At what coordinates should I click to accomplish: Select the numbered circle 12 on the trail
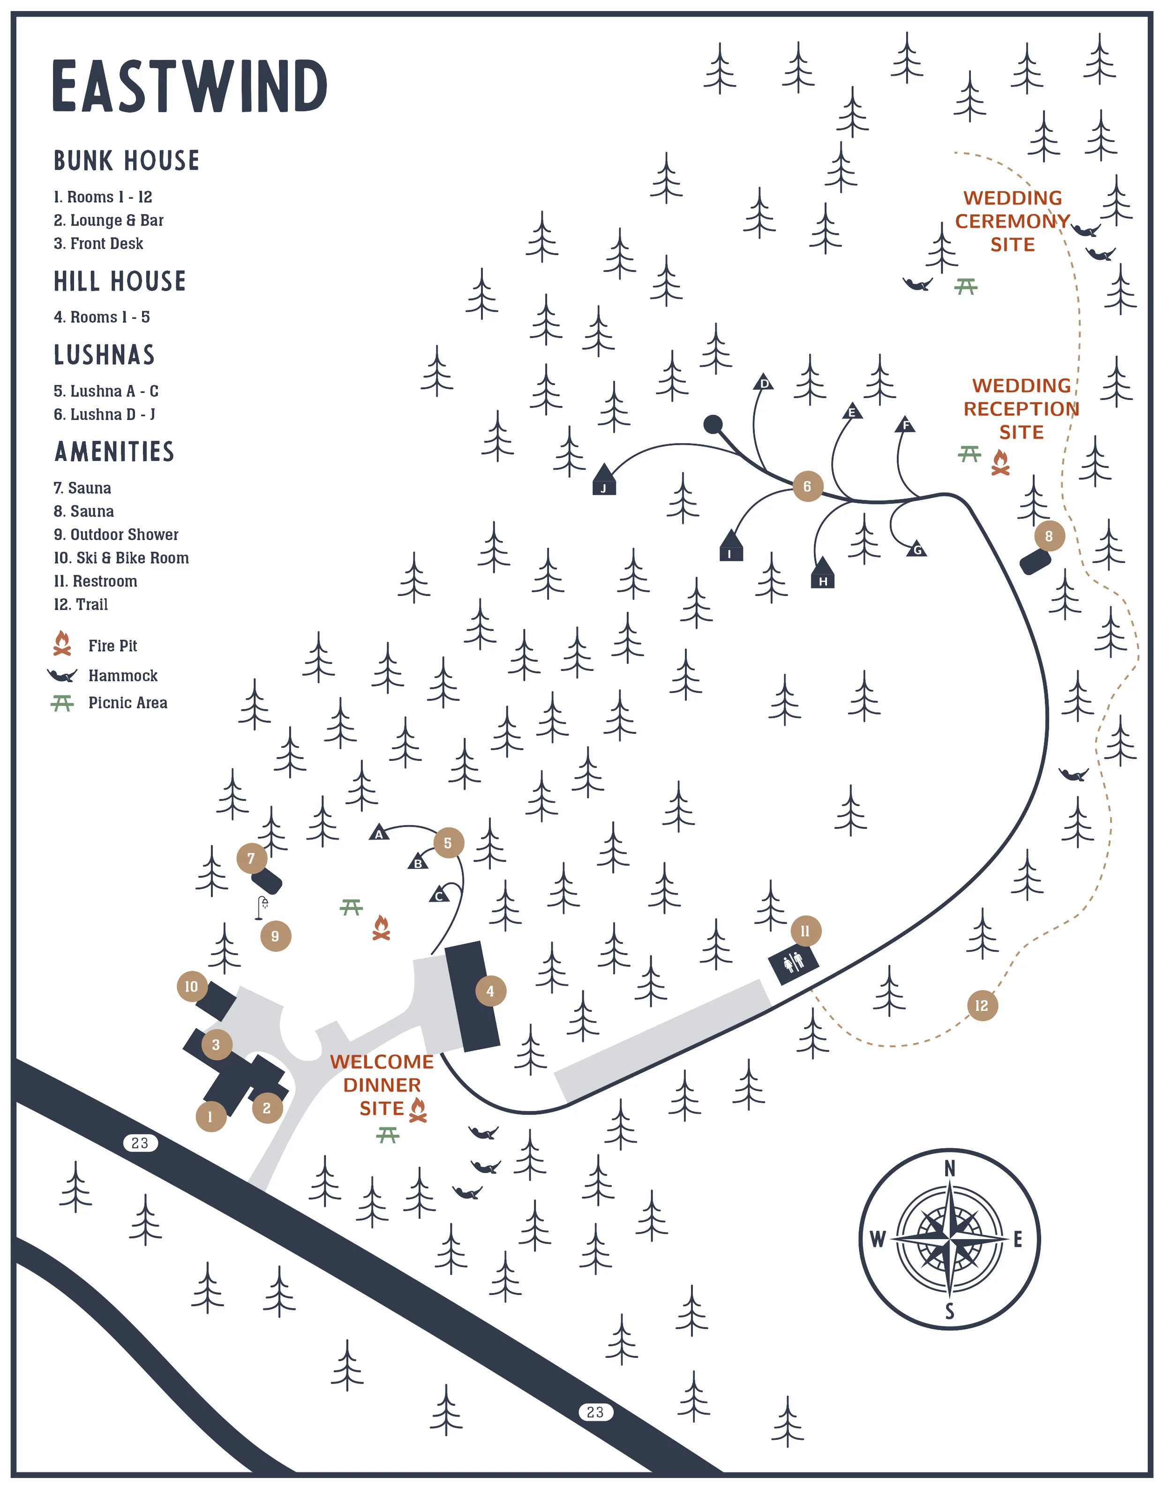pyautogui.click(x=982, y=1006)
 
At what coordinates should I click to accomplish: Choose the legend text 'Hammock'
pyautogui.click(x=123, y=676)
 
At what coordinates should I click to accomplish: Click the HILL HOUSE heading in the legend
pyautogui.click(x=120, y=281)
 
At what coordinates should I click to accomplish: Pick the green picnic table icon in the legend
pyautogui.click(x=62, y=703)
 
